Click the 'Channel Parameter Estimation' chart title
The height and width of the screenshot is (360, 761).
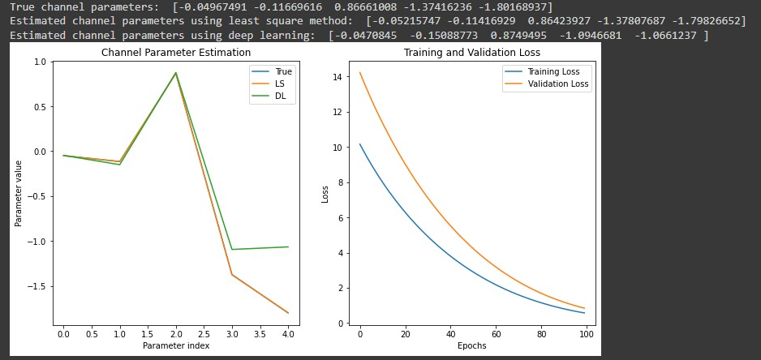pos(175,53)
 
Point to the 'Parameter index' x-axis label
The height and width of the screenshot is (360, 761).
pos(175,346)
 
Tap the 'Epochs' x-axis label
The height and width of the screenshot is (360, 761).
pos(472,346)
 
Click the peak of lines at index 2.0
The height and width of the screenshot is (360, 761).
pos(175,73)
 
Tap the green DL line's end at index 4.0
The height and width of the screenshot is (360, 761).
pos(288,246)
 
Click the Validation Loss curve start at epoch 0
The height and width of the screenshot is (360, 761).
pos(360,73)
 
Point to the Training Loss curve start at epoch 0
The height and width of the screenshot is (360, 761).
pos(360,144)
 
